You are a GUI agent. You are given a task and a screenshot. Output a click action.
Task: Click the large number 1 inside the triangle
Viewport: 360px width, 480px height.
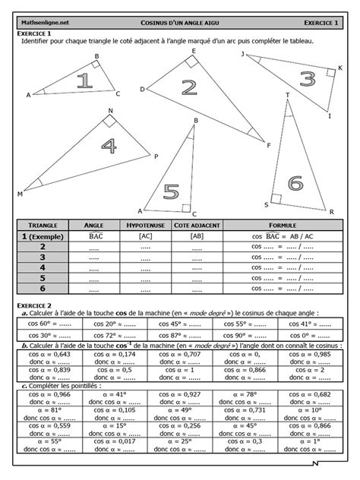tap(84, 81)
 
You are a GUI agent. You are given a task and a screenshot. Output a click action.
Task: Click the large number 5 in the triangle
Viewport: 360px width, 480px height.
tap(172, 191)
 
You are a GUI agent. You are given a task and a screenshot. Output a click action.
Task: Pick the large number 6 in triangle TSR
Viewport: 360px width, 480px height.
tap(295, 183)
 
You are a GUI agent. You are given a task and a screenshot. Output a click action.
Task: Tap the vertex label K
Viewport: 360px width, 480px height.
tap(339, 68)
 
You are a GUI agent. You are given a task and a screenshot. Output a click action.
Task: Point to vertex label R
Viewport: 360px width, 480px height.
tap(332, 212)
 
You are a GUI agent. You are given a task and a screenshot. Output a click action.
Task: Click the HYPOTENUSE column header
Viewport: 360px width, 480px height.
tap(144, 226)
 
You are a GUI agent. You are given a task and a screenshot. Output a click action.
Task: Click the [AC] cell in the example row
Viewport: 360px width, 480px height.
tap(144, 236)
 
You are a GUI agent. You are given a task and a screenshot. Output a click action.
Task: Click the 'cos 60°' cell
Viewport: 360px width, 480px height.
tap(49, 323)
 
